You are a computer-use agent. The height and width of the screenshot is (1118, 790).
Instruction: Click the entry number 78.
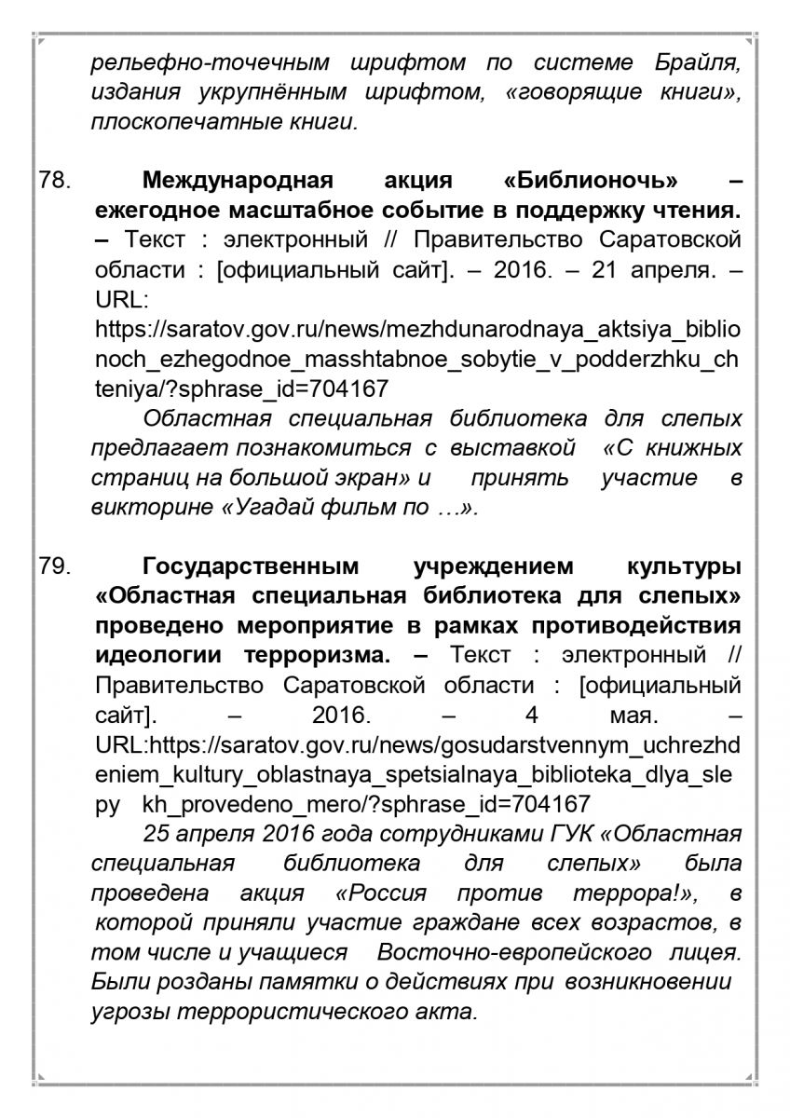[54, 181]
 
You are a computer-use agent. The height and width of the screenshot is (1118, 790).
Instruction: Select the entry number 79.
[54, 566]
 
